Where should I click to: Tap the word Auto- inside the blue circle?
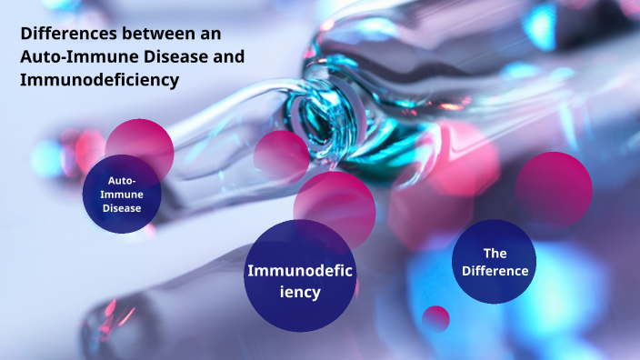tap(121, 181)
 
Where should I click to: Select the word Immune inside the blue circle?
tap(121, 195)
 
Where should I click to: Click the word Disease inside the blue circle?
tap(121, 208)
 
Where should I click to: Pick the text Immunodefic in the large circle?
tap(299, 270)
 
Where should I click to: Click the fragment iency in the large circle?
tap(299, 292)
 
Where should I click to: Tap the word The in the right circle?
tap(495, 254)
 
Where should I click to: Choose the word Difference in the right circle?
tap(495, 271)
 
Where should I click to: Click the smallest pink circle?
tap(436, 318)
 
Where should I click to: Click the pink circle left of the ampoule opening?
tap(281, 155)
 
